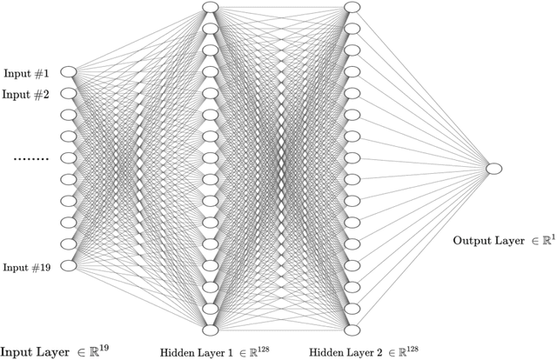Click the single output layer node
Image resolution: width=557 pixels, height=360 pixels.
[x=494, y=169]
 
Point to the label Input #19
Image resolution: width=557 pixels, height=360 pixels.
[x=27, y=266]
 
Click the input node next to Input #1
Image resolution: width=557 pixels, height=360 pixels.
[x=68, y=71]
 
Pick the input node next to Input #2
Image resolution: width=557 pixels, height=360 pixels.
[x=68, y=93]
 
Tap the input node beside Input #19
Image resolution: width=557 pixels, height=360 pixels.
[x=68, y=265]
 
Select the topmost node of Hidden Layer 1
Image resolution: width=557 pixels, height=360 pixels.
[x=210, y=8]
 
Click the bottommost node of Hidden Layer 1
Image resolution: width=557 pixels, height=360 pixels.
[x=210, y=330]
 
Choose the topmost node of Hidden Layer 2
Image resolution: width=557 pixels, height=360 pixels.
[x=352, y=8]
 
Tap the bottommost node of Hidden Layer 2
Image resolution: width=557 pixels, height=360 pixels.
[x=352, y=330]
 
